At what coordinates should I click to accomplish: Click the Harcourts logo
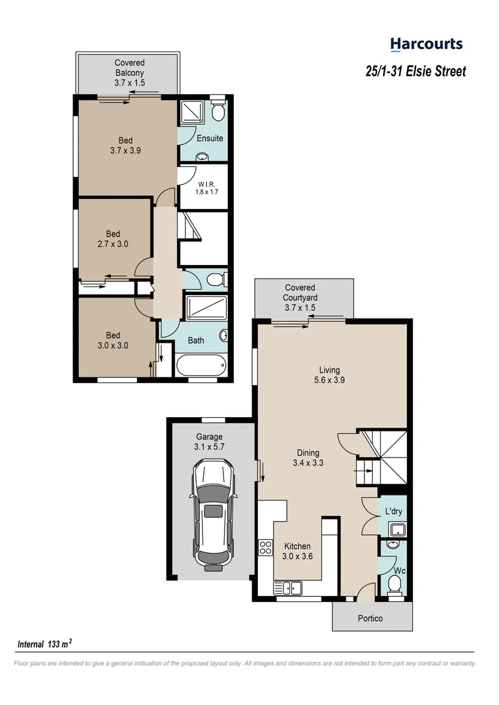click(426, 44)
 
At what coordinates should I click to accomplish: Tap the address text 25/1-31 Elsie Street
click(415, 71)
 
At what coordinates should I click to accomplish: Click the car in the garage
click(212, 514)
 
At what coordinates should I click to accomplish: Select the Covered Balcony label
click(129, 73)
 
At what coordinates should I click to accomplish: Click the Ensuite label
click(210, 138)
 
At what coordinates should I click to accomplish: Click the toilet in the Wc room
click(394, 583)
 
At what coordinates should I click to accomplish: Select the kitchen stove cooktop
click(265, 547)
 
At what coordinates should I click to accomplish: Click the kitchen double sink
click(291, 589)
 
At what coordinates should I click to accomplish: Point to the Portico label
click(370, 618)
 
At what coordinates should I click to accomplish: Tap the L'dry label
click(393, 510)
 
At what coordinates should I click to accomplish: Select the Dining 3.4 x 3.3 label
click(308, 458)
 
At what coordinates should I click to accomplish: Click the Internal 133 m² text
click(44, 644)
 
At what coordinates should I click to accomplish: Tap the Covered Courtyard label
click(300, 297)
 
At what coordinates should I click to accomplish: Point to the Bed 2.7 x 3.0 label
click(113, 239)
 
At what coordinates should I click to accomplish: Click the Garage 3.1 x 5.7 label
click(210, 442)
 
